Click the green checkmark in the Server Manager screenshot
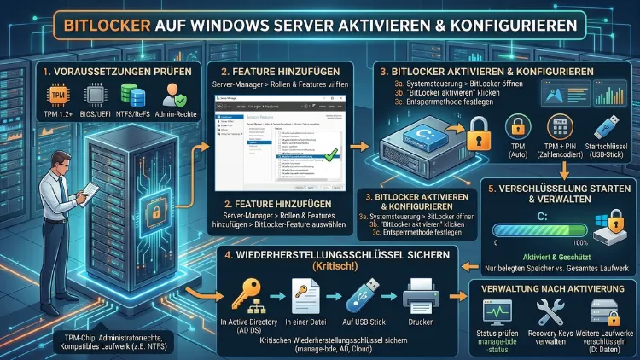(x=305, y=154)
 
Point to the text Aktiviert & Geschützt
(x=553, y=255)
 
